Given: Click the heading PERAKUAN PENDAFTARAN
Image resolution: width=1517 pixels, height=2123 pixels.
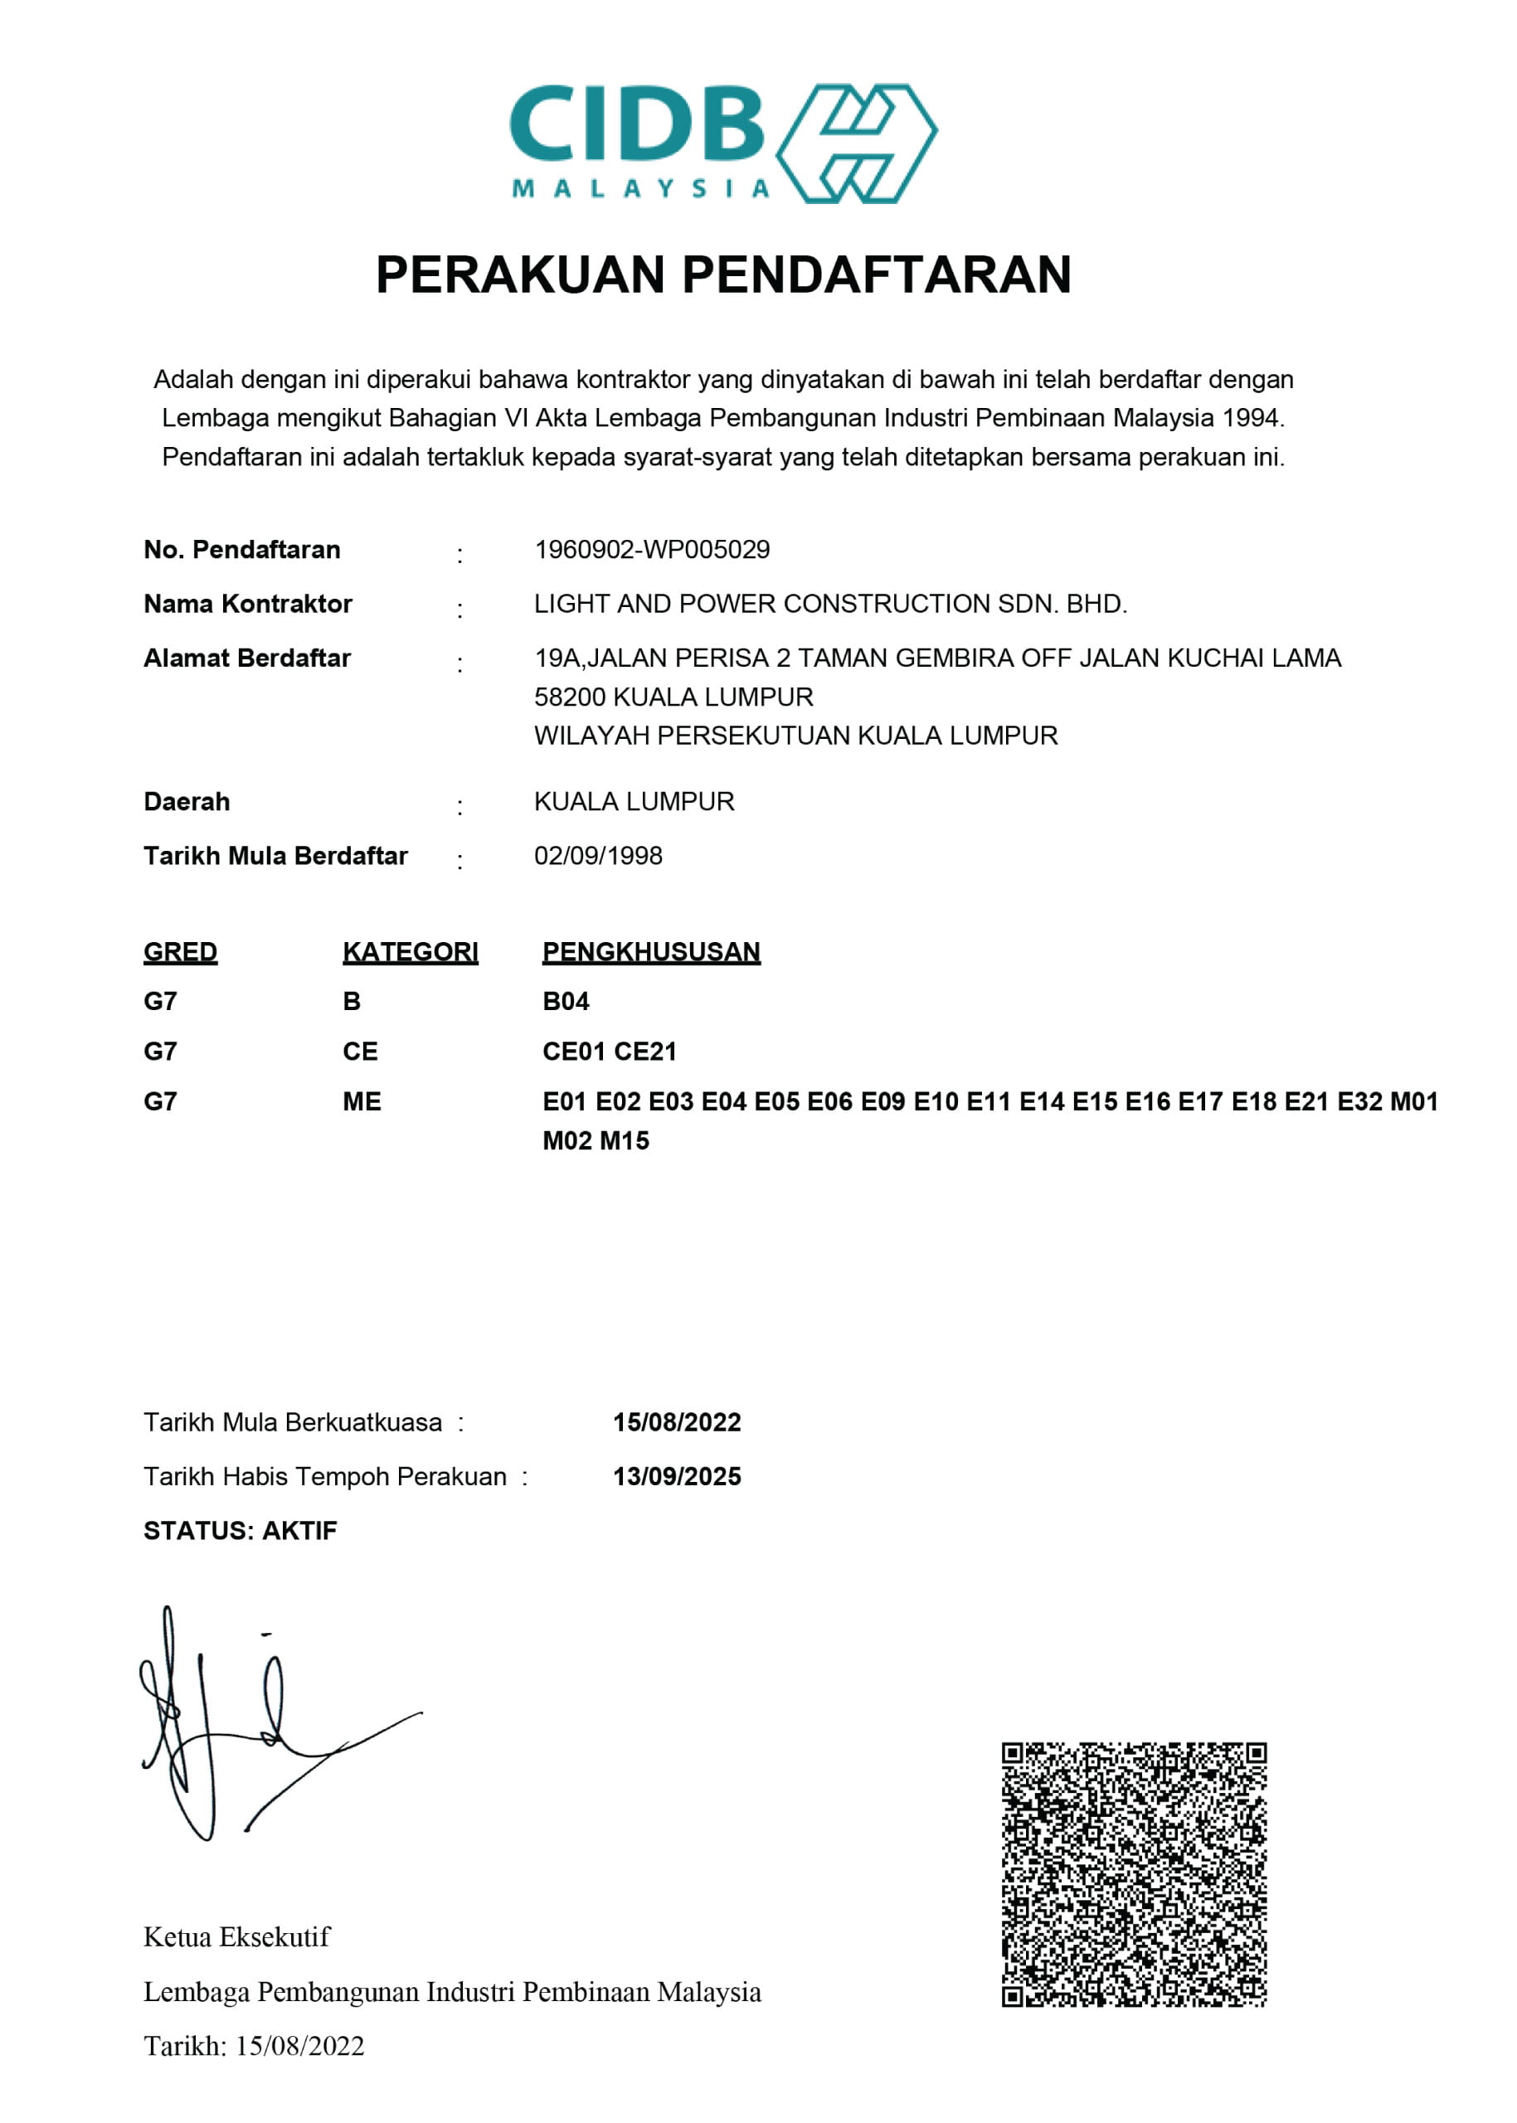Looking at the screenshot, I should [x=723, y=274].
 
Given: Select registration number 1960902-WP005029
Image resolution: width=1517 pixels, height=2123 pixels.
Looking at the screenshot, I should [x=652, y=549].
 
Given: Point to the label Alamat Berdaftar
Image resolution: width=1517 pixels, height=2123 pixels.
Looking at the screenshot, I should [x=246, y=658].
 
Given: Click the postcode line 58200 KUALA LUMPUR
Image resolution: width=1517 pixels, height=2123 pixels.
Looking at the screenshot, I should [x=673, y=697].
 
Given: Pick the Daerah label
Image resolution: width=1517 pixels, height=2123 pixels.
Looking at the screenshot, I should [x=187, y=801].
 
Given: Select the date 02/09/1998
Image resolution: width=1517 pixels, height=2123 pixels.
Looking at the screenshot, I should [x=598, y=856].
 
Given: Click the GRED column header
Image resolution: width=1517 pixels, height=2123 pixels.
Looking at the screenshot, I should [x=180, y=952].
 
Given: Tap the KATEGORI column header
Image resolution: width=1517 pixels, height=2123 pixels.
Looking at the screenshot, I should [x=410, y=952].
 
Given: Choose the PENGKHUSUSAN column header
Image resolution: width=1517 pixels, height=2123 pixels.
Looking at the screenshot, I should [x=651, y=952].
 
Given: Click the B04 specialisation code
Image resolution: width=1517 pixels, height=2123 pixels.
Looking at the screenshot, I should [x=565, y=1001].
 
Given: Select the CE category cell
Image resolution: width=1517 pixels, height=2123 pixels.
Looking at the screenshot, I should [x=360, y=1052].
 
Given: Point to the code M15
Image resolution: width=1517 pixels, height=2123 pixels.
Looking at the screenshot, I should [x=624, y=1140].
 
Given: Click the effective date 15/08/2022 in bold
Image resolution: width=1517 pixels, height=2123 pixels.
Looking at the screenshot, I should [x=676, y=1422].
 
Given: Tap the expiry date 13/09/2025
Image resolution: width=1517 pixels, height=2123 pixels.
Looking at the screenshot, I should [x=676, y=1477].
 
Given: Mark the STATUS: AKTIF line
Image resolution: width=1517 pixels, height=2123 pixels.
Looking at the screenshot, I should [x=240, y=1531].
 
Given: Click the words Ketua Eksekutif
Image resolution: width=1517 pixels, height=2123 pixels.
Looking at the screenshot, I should [x=236, y=1937].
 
